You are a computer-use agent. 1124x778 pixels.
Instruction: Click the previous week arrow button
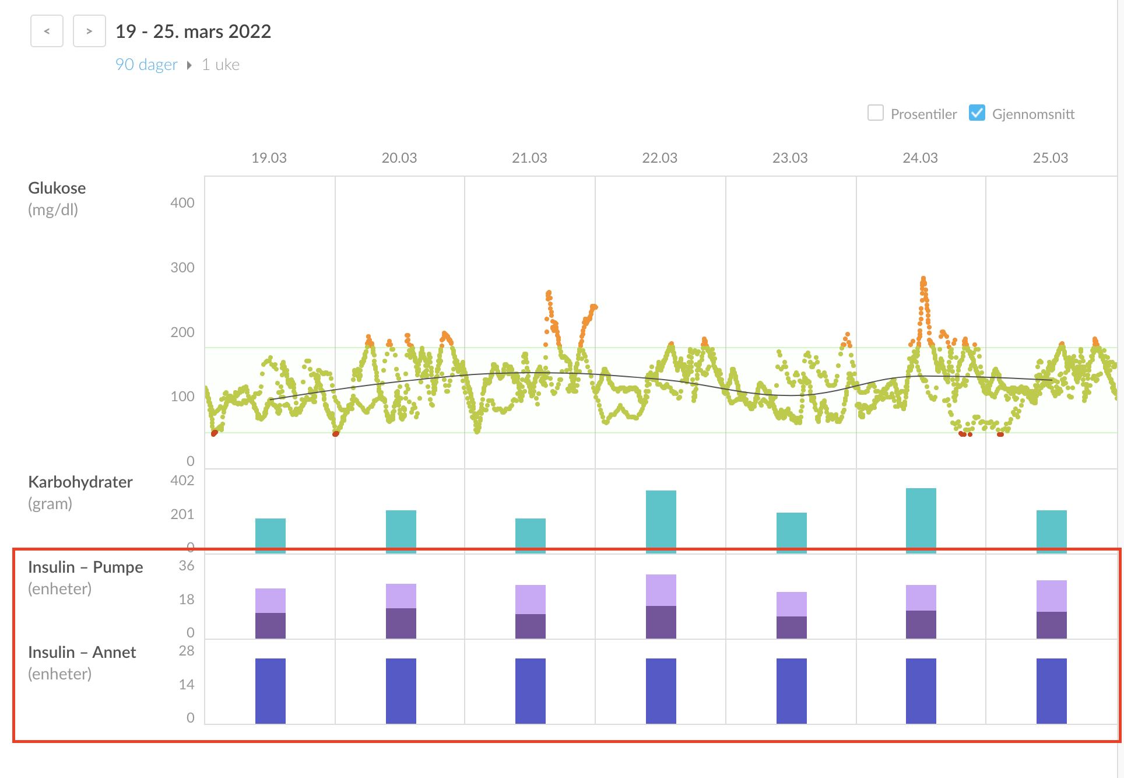click(47, 31)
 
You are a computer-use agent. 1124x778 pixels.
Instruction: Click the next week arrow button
click(89, 31)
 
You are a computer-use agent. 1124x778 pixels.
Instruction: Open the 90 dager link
click(146, 64)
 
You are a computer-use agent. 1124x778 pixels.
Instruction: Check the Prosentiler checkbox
click(875, 113)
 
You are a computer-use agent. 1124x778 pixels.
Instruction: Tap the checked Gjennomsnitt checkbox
click(977, 113)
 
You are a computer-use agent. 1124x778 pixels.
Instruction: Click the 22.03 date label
click(659, 158)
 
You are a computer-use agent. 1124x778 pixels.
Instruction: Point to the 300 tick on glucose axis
click(182, 268)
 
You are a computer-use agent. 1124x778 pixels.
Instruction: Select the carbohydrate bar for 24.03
click(921, 519)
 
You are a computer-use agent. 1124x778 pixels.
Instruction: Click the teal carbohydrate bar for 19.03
click(271, 534)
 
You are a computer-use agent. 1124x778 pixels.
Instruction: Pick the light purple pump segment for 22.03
click(661, 590)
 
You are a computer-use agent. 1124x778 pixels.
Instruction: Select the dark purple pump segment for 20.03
click(401, 623)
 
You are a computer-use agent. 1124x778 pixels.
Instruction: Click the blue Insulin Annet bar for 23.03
click(791, 691)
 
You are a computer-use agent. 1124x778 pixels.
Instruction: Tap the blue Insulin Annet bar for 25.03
click(1051, 691)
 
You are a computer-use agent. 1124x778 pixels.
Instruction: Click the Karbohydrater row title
click(80, 482)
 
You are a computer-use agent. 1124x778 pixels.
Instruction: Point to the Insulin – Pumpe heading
click(86, 567)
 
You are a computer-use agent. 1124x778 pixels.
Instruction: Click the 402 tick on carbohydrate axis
click(182, 481)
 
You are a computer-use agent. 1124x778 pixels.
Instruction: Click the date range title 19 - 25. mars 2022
click(193, 31)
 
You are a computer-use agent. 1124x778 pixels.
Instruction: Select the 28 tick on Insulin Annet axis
click(186, 651)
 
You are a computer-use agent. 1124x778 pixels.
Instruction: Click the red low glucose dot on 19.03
click(215, 433)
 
